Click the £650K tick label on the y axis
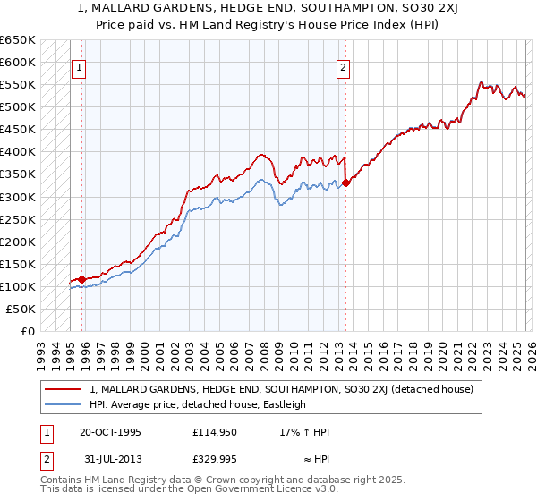point(18,40)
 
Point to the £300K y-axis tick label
point(18,197)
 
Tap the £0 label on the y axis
point(28,331)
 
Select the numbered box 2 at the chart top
point(344,65)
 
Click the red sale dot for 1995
point(81,279)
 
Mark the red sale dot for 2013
point(345,183)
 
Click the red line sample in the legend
point(64,389)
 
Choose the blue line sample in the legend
point(64,404)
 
